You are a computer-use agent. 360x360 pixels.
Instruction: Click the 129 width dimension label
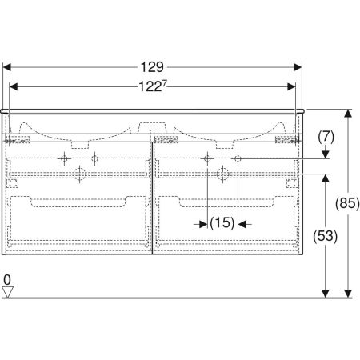(x=152, y=67)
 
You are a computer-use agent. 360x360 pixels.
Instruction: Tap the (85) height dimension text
(x=347, y=203)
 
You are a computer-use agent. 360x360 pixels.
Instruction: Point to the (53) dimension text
(x=325, y=236)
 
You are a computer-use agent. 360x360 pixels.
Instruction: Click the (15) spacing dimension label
(x=222, y=223)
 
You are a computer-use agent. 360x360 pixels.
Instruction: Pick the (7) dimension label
(x=326, y=137)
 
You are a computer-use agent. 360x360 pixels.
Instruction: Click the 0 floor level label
(x=7, y=280)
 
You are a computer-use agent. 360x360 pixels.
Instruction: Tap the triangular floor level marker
(x=7, y=292)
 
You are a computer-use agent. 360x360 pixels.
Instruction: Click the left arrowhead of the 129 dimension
(x=6, y=67)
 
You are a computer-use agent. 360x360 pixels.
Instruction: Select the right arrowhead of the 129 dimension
(x=298, y=67)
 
